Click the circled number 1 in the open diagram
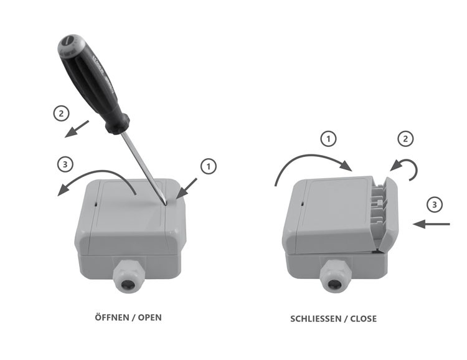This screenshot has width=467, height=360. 209,166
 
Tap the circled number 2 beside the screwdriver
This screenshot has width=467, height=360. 62,113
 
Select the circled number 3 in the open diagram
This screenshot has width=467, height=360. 65,164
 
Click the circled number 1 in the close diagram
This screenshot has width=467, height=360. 328,139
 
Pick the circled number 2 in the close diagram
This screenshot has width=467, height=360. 405,139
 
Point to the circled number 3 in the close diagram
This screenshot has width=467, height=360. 435,205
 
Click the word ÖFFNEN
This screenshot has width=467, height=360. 112,317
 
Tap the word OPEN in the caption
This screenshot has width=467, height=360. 150,318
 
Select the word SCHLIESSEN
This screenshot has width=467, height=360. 316,319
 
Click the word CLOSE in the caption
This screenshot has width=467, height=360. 364,319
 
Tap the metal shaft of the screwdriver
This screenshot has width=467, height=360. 144,168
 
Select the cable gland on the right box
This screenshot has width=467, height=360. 336,277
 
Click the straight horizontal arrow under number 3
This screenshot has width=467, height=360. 432,224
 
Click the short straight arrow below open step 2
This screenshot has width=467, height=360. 77,129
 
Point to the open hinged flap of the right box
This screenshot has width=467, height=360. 389,213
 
